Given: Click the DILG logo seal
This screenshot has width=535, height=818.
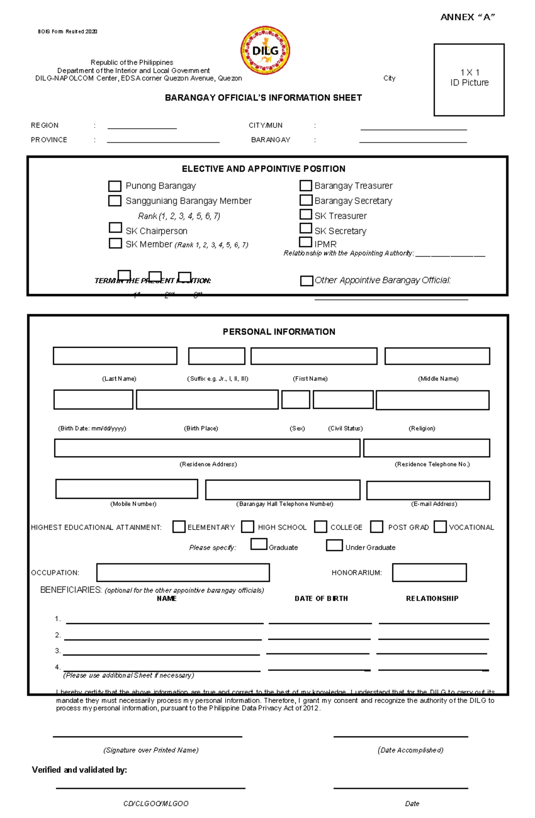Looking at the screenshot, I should pos(265,50).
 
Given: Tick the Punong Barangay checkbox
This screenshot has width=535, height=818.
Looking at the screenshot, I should pos(115,186).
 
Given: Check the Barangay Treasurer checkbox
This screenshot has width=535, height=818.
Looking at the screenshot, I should pos(305,185).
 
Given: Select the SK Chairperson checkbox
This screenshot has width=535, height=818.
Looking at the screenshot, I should pos(115,228).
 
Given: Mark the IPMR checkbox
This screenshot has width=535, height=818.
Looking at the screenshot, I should pos(305,242).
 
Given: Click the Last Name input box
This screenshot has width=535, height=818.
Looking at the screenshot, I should pos(115,356).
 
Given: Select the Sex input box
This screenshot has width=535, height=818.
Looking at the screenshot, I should pos(296,399).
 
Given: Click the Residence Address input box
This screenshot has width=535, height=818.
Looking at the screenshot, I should pos(207,448).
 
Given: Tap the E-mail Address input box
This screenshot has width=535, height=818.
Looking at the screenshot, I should pos(428,490).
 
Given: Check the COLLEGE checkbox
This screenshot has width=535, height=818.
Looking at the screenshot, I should pos(320,527).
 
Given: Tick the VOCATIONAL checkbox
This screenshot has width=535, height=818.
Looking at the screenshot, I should pos(440,527).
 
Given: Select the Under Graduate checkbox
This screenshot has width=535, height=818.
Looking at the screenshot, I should pos(334,545).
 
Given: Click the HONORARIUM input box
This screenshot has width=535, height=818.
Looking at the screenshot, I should pos(429,573).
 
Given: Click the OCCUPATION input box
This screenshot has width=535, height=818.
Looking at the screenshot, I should pos(183,573).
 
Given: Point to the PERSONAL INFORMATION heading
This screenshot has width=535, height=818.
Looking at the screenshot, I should pos(279,332).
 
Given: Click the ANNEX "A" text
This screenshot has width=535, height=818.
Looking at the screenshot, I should pos(468,17).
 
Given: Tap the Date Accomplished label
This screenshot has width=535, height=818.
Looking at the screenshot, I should pos(410,750).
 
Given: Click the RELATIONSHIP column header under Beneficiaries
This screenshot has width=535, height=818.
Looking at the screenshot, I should pos(432,599).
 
